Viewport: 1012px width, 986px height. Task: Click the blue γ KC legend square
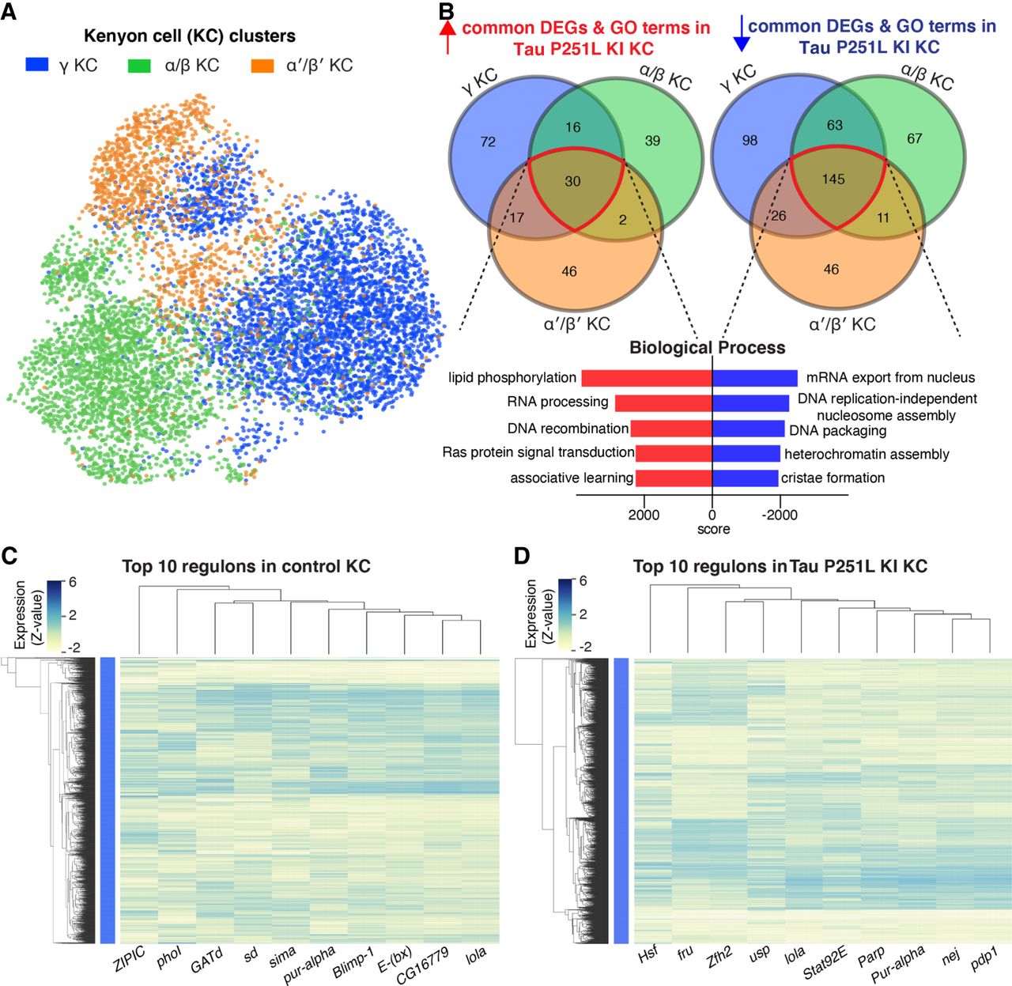pos(38,65)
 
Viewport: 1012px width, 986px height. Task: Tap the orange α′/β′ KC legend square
pos(262,65)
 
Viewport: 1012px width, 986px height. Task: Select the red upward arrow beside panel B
pos(448,36)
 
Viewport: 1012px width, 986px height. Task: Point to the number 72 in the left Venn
pos(488,142)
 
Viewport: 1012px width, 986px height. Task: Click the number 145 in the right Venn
pos(833,179)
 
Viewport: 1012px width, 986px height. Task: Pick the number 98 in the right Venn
pos(750,140)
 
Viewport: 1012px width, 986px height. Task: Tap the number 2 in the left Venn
pos(623,220)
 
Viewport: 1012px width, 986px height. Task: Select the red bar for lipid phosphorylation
pos(647,378)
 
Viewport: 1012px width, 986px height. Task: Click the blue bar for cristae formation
pos(746,478)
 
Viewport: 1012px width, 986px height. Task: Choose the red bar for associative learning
pos(674,478)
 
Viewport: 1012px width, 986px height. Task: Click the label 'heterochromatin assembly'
pos(867,455)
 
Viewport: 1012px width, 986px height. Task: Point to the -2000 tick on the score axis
pos(780,515)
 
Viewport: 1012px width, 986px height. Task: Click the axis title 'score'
pos(713,529)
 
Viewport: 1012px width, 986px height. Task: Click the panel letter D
pos(522,556)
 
